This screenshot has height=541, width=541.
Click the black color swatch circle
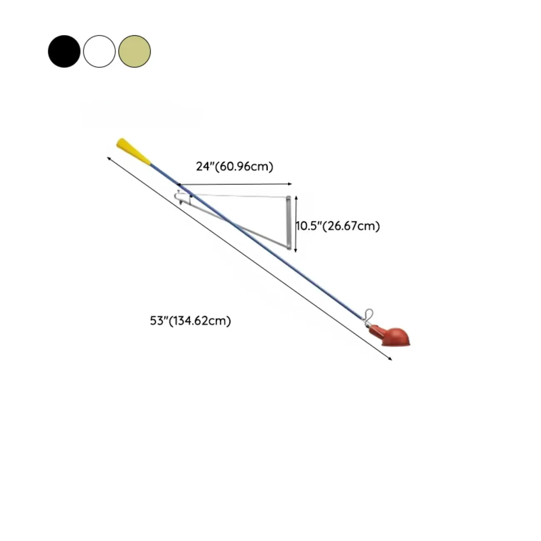pyautogui.click(x=64, y=51)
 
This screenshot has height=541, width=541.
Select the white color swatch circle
pyautogui.click(x=99, y=51)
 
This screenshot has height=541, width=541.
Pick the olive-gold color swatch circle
pyautogui.click(x=134, y=51)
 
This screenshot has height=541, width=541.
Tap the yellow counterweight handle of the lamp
pyautogui.click(x=134, y=151)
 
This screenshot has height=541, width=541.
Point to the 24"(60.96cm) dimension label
pyautogui.click(x=234, y=166)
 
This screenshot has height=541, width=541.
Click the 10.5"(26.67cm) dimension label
pyautogui.click(x=338, y=226)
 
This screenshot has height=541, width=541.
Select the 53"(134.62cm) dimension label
pyautogui.click(x=190, y=320)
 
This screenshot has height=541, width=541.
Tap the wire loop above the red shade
pyautogui.click(x=369, y=316)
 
